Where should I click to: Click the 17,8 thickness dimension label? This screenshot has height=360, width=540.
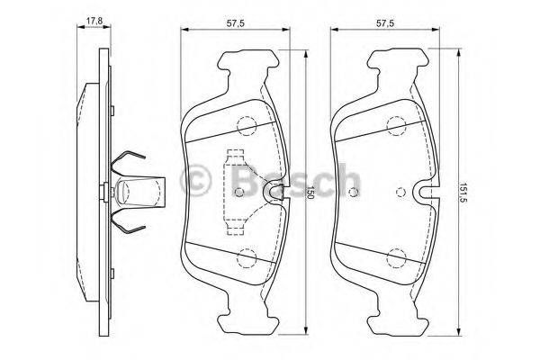pos(94,21)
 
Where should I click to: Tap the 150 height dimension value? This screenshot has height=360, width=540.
pos(310,193)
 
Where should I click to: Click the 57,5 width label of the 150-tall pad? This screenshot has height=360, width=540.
pos(236,23)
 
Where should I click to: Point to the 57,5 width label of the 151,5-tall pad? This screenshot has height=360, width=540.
pos(385,23)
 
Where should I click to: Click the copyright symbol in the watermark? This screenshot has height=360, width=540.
pos(195,181)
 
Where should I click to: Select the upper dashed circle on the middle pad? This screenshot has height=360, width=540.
pos(247,125)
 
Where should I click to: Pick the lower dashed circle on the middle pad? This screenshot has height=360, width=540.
pos(247,258)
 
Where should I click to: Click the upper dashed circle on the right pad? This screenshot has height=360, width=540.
pos(396,126)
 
